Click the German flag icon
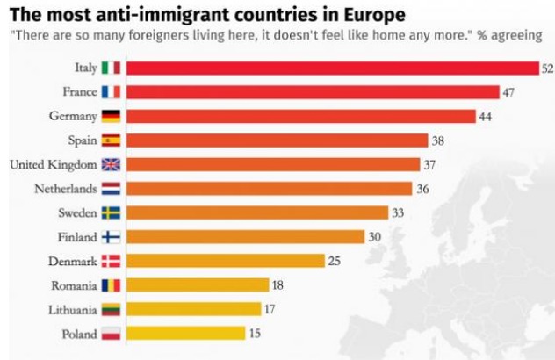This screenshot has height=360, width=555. tap(112, 116)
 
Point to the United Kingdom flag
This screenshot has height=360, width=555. tap(112, 164)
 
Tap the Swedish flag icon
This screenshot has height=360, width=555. tap(112, 212)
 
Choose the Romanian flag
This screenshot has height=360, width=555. tap(112, 284)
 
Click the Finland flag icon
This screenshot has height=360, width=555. tap(112, 236)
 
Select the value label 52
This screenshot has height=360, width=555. tap(546, 68)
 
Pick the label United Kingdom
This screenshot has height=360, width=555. tap(51, 164)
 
